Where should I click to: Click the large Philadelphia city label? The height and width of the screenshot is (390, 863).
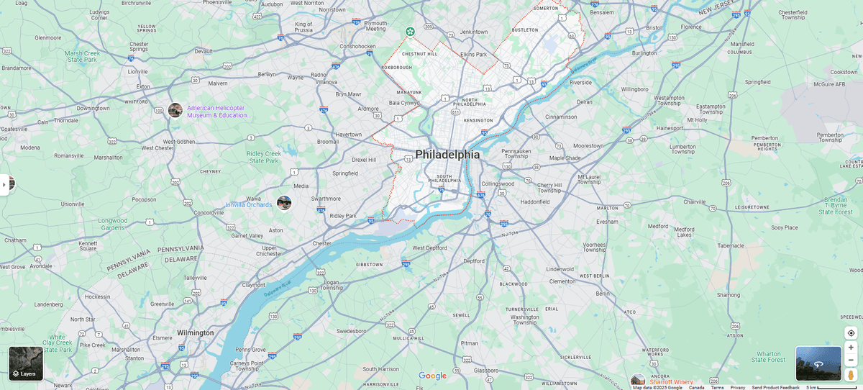point(447,155)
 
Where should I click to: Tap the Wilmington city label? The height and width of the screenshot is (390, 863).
point(195,333)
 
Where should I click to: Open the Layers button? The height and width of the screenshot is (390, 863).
point(26,363)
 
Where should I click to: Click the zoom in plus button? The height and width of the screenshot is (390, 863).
point(851,348)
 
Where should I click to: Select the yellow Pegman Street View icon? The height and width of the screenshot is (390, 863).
point(851,375)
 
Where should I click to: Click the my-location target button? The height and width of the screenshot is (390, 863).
point(851,333)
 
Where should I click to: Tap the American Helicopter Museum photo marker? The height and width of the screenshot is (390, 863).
point(175,110)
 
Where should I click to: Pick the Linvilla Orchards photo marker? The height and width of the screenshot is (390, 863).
point(284,203)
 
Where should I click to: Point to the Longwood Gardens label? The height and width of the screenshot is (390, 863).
point(113,224)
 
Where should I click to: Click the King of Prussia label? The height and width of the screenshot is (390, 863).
point(303,27)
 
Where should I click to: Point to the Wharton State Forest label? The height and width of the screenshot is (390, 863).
point(769,357)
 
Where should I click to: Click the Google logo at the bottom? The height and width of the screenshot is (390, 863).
point(432,376)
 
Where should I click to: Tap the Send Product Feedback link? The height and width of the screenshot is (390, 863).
point(775,387)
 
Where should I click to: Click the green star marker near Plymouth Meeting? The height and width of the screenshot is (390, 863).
point(409,31)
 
